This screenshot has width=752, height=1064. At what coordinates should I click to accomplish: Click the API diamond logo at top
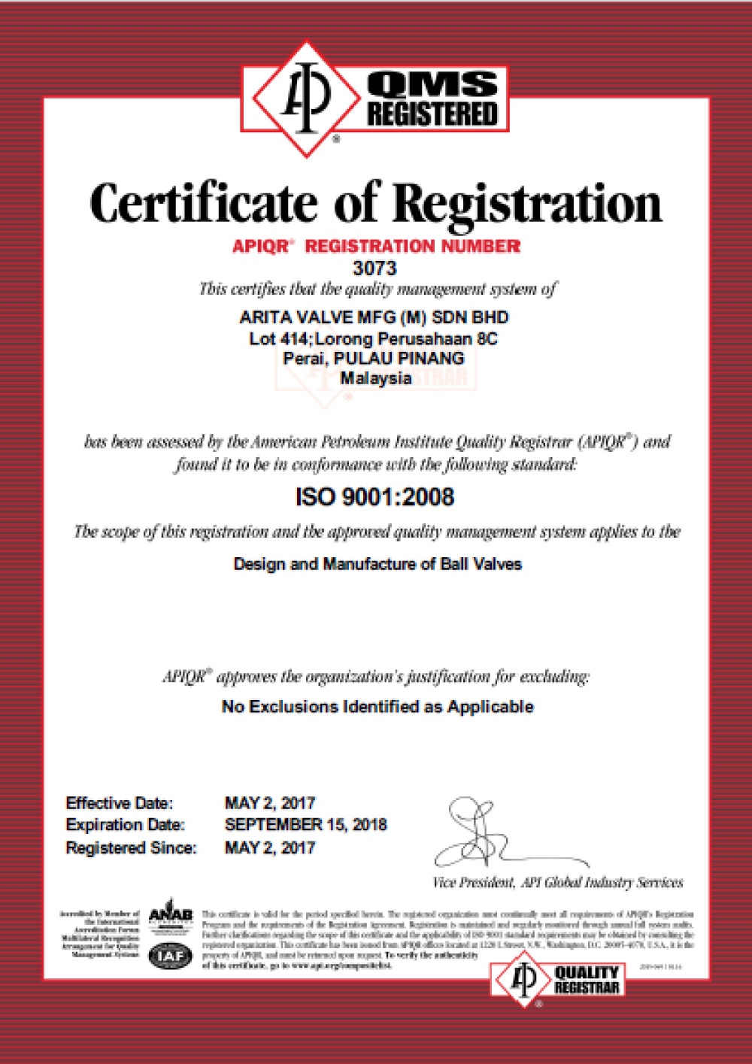tap(305, 99)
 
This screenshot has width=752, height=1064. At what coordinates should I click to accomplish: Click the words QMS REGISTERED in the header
tap(432, 99)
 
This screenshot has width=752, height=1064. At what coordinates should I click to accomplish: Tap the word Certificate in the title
tap(203, 203)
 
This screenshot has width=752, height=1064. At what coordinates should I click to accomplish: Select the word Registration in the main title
tap(527, 205)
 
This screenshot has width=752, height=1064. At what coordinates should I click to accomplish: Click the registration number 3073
tap(374, 268)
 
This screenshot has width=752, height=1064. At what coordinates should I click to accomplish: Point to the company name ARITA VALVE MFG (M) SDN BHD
tap(374, 317)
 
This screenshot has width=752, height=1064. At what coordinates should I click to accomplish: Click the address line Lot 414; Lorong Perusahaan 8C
tap(373, 339)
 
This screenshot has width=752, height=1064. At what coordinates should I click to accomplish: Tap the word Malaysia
tap(375, 378)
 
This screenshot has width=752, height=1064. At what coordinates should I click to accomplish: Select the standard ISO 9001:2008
tap(374, 497)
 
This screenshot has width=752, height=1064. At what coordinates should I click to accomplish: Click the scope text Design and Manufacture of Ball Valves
tap(378, 564)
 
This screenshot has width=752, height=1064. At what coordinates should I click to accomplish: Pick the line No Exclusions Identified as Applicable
tap(378, 707)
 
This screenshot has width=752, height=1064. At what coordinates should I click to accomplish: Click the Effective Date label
tap(119, 803)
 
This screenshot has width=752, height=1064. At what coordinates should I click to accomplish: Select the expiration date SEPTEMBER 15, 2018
tap(305, 825)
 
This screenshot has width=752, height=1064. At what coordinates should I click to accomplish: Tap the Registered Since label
tap(131, 848)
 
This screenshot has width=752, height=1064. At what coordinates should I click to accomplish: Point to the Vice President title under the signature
tap(557, 883)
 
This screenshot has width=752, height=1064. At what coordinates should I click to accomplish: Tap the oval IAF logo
tap(171, 956)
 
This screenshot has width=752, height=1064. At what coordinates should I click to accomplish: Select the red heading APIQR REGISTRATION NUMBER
tap(376, 246)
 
